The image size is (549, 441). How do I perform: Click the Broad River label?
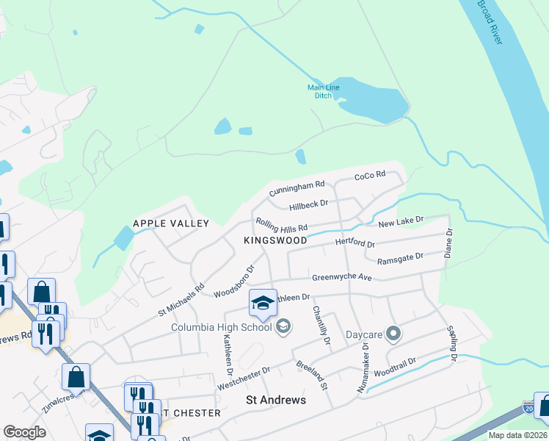[490, 22]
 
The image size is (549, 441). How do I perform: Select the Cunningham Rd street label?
[297, 189]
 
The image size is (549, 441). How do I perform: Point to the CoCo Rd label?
[370, 176]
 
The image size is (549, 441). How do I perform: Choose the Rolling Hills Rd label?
[281, 225]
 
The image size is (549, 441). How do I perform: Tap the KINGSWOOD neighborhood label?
[275, 240]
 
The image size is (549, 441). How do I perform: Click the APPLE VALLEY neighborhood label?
[171, 223]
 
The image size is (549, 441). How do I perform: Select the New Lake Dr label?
[401, 220]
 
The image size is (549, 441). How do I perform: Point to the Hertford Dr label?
[355, 243]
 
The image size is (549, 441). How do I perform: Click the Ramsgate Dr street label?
[400, 258]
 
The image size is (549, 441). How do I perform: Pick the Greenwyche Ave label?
[342, 278]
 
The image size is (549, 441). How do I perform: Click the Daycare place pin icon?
[393, 334]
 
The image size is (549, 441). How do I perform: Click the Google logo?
[24, 432]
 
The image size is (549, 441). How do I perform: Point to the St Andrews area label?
[275, 401]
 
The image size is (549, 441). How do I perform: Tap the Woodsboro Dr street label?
[233, 281]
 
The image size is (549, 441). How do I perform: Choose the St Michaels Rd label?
[181, 301]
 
